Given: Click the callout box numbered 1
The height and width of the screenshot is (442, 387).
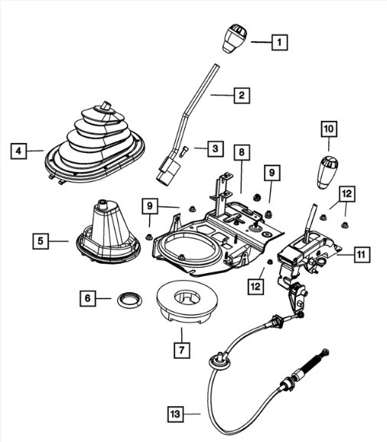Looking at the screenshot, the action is coord(280,42).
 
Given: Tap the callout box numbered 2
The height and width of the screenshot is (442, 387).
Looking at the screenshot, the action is coord(242,96).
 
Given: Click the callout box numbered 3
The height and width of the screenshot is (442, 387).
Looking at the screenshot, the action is coord(216,148).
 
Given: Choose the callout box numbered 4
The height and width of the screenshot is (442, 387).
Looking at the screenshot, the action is coord(18,151).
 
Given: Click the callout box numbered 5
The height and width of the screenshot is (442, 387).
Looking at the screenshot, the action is coord(41,241).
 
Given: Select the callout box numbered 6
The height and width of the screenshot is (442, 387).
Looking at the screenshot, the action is coord(88,298).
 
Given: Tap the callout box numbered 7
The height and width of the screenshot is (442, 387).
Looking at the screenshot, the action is coord(182,349).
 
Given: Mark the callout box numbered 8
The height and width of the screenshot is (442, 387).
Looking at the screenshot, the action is coord(242,152).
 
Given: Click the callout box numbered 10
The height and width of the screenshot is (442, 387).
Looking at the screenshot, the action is coord(329,129).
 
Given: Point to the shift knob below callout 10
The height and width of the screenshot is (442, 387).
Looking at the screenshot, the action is coord(327,171).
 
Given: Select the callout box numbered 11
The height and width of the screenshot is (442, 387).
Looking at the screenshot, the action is coord(361,255).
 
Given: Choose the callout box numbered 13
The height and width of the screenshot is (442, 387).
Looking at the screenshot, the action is coord(175,414).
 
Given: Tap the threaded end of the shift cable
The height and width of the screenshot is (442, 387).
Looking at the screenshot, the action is coord(314,362).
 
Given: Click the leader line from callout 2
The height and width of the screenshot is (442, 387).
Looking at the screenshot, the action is coord(222,96).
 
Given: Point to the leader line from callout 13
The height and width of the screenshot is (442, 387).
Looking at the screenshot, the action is coord(192,414).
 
